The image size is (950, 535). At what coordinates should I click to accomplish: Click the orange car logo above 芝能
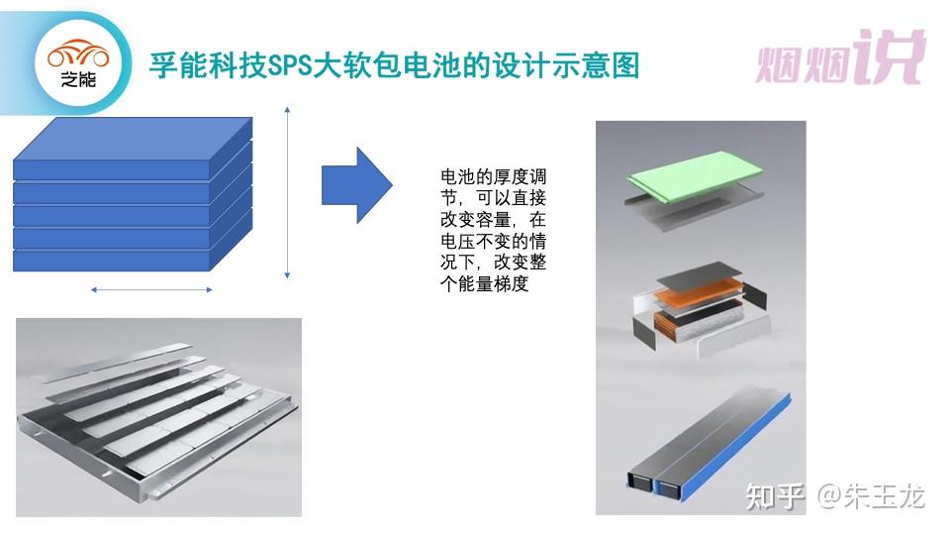tap(79, 54)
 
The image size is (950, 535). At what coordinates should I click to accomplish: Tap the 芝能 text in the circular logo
tap(78, 79)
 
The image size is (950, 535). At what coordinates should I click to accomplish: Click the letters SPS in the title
tap(289, 65)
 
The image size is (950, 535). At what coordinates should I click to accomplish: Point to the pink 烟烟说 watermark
tap(841, 57)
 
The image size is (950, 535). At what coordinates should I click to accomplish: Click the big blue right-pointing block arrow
tap(357, 185)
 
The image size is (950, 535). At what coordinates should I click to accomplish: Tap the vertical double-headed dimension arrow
tap(287, 193)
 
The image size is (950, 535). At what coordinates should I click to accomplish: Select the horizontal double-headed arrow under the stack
tap(151, 290)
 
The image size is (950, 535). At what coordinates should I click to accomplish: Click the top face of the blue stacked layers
tap(133, 139)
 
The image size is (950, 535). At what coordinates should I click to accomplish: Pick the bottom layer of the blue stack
tap(112, 261)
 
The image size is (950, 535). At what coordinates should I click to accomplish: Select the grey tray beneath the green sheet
tap(692, 207)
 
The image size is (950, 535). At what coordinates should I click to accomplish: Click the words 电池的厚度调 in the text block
tap(493, 177)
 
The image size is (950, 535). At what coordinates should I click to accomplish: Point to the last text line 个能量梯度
tap(485, 283)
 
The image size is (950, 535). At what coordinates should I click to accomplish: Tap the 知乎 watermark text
tap(775, 496)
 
